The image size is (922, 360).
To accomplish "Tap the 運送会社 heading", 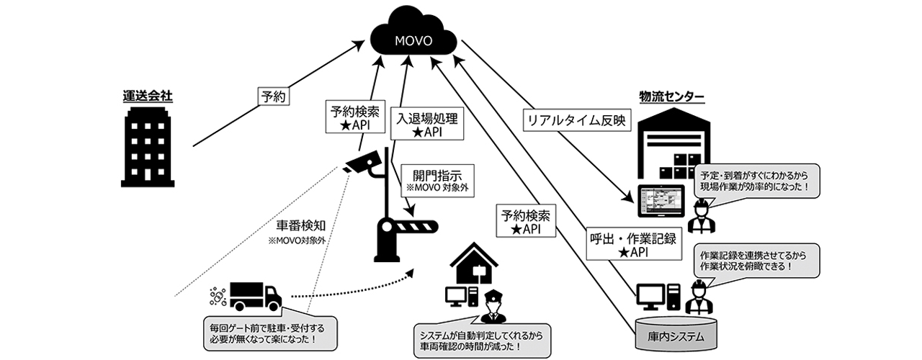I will [148, 97].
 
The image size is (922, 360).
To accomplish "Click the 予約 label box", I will [274, 96].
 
